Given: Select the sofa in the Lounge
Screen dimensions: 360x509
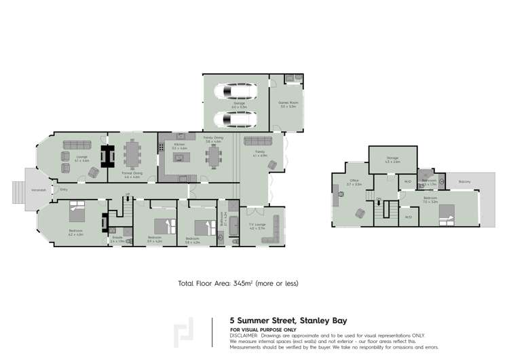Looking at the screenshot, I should (75, 144).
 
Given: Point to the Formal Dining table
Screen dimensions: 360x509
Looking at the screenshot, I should (130, 154).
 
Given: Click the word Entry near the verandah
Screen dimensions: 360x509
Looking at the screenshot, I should (64, 190).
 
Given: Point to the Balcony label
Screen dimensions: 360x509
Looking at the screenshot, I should (465, 181).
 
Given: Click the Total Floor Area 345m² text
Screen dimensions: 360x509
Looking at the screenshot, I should (238, 283).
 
